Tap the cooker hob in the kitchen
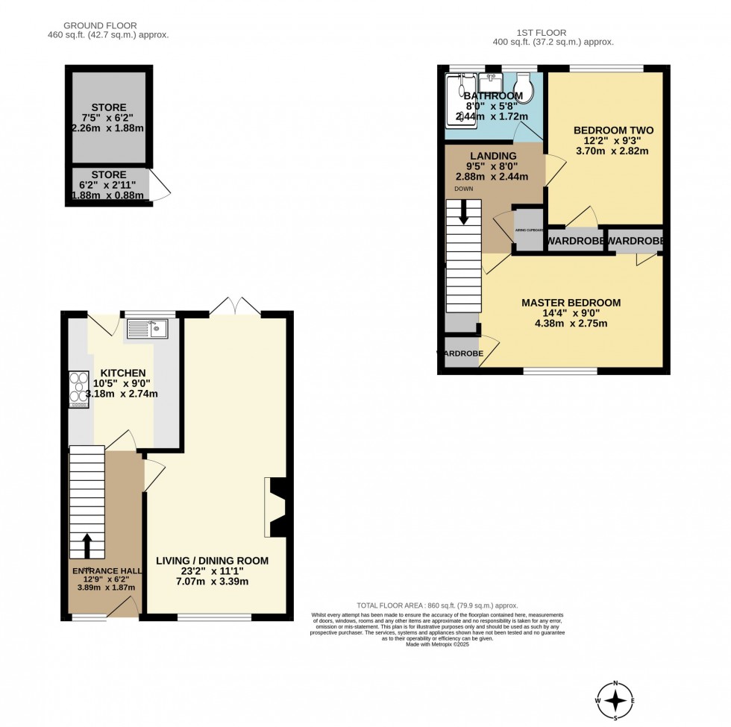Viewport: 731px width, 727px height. click(x=78, y=388)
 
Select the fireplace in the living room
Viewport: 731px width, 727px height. click(x=274, y=508)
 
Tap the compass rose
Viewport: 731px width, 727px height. click(x=615, y=700)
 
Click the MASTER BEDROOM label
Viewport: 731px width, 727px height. click(x=571, y=303)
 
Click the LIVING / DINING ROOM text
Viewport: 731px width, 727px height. click(x=212, y=560)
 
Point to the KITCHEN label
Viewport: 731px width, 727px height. click(x=123, y=373)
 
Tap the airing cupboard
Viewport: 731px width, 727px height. click(x=528, y=231)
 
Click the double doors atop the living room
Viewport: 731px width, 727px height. click(x=234, y=305)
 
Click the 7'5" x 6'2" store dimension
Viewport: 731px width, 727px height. click(x=109, y=118)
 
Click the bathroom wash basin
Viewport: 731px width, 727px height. click(x=493, y=81)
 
